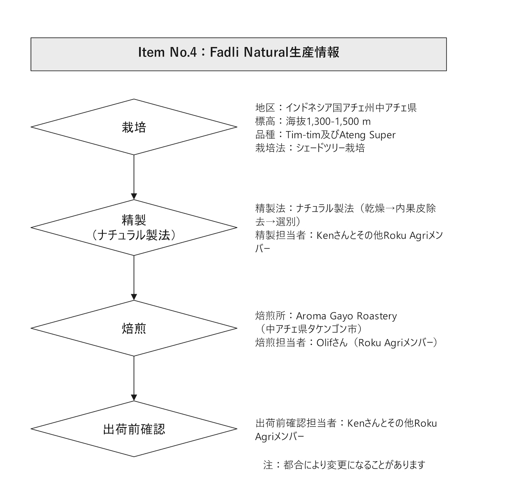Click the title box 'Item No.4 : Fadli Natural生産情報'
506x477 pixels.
[x=238, y=54]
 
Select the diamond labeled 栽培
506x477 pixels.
[x=134, y=127]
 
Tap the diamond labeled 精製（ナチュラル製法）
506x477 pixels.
[x=134, y=227]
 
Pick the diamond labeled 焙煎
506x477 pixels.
[x=134, y=328]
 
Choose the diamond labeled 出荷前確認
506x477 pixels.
[x=134, y=429]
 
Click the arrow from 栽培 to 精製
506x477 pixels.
[x=134, y=177]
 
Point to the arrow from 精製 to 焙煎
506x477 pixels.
[x=134, y=277]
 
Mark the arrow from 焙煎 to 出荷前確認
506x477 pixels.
[x=134, y=378]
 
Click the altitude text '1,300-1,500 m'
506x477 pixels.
[x=338, y=122]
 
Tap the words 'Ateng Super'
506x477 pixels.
[x=367, y=135]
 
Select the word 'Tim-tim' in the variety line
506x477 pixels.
[x=301, y=135]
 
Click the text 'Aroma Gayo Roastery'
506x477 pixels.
[x=346, y=316]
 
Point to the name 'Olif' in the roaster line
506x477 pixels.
[x=325, y=342]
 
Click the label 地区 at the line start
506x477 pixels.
[x=265, y=108]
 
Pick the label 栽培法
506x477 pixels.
[x=270, y=148]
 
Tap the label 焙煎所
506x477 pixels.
[x=270, y=316]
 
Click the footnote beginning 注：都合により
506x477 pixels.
[x=344, y=465]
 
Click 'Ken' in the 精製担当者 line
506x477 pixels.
[x=325, y=235]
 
